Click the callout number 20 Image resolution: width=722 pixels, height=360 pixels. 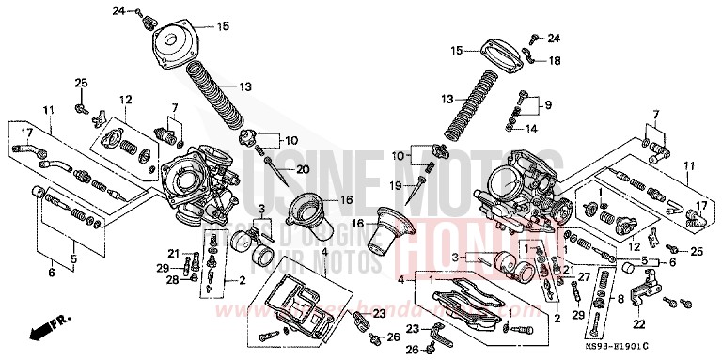pos(302,169)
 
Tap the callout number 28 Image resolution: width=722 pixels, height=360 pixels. pos(172,279)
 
